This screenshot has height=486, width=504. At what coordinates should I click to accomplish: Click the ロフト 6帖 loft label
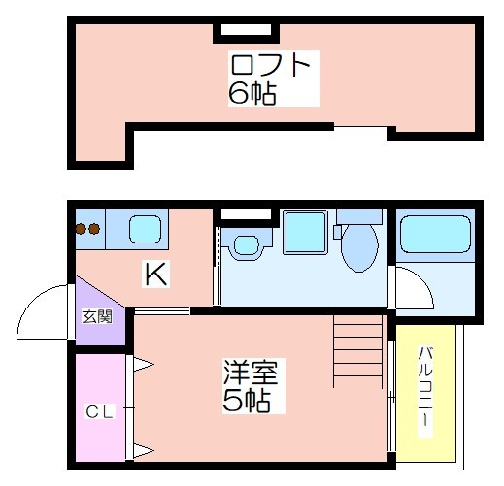click(269, 79)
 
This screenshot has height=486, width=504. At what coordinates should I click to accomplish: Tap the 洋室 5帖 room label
click(250, 386)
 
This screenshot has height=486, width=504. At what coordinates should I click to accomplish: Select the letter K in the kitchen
click(156, 274)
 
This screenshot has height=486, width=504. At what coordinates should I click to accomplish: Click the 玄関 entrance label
click(97, 316)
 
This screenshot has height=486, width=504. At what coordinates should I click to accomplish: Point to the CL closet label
click(99, 412)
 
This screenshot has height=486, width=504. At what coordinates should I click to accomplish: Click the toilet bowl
click(359, 247)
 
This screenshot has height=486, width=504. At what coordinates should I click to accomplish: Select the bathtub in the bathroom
click(435, 234)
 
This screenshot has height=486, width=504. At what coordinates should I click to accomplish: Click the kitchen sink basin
click(146, 229)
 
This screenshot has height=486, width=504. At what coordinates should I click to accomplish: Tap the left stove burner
click(81, 229)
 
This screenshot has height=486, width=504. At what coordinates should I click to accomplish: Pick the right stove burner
click(94, 229)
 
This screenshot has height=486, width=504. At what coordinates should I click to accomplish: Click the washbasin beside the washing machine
click(247, 244)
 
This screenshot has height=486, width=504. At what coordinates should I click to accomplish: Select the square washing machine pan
click(305, 232)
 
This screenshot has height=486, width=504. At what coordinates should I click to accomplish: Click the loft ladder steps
click(358, 351)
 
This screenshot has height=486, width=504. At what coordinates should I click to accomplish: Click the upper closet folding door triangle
click(143, 365)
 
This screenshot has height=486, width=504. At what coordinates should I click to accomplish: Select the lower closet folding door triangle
click(143, 450)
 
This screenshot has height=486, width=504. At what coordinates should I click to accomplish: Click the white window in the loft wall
click(246, 30)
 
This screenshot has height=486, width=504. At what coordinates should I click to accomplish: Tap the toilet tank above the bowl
click(359, 216)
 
